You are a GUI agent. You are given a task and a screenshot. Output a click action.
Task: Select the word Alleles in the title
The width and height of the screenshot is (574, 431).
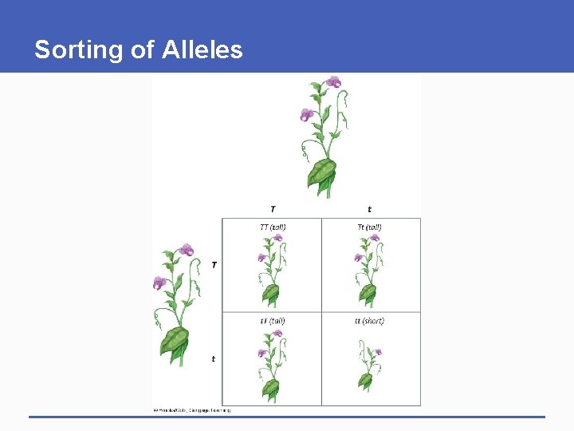[202, 50]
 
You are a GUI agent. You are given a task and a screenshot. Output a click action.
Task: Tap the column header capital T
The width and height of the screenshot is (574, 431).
[273, 209]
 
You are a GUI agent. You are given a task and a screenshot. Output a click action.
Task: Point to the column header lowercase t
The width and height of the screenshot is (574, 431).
[369, 209]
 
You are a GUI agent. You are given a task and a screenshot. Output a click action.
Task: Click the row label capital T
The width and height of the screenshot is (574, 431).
[214, 264]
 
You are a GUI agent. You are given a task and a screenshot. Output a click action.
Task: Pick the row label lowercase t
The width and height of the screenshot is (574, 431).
[213, 359]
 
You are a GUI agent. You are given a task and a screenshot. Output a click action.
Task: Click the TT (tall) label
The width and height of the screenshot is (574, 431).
[273, 227]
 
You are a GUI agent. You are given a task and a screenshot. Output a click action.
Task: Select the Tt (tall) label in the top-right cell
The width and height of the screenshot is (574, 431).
[369, 227]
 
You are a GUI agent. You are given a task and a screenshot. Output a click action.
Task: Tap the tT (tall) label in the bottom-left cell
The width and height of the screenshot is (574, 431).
[273, 321]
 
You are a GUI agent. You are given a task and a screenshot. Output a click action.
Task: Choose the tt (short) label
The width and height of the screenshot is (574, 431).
[369, 321]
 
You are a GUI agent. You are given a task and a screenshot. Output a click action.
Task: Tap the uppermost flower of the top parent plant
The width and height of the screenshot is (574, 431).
[333, 81]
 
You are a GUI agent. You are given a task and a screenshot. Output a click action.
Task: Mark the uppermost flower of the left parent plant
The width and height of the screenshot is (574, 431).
[187, 250]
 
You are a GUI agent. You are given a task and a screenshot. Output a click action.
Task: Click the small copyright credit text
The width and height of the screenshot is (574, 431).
[191, 410]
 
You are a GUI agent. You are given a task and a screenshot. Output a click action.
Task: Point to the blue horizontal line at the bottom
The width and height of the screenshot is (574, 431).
[287, 417]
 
